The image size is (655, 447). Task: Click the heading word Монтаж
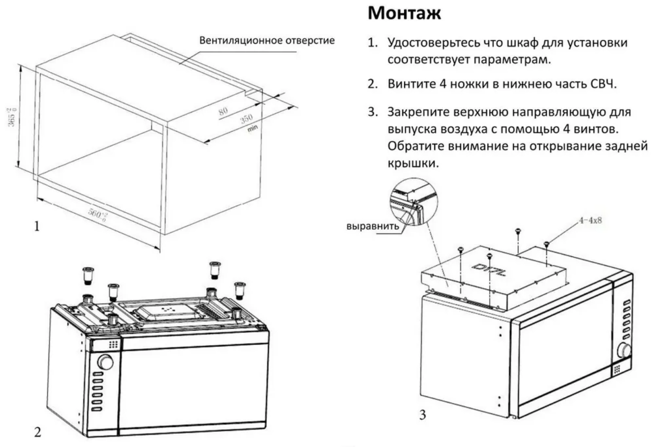coord(404,13)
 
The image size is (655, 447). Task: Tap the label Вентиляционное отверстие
coord(267,40)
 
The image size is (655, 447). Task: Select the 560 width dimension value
coord(98,214)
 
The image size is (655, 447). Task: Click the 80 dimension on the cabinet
coord(223,111)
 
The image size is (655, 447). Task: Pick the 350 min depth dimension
coord(247,119)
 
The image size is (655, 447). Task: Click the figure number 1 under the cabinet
coord(37,226)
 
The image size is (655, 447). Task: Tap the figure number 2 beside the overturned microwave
coord(38,431)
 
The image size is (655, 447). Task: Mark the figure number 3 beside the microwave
coord(423,415)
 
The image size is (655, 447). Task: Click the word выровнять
coord(373,226)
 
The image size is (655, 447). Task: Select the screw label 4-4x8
coord(590,220)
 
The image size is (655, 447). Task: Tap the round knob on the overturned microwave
coord(105,362)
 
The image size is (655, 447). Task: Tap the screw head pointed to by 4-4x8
coord(547,244)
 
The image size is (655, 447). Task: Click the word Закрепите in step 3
coord(418,112)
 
